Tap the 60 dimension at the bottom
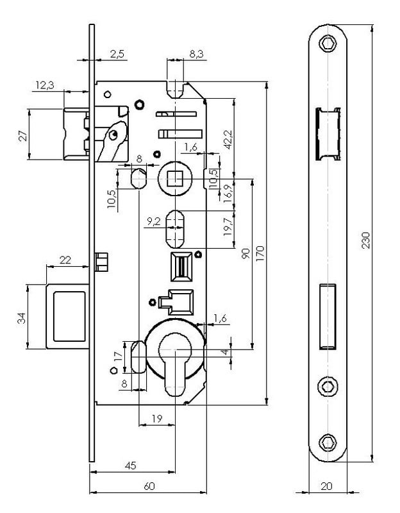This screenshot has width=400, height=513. coord(149,486)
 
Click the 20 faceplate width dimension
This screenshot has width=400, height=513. coord(326,486)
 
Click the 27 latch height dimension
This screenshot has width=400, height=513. coord(22,135)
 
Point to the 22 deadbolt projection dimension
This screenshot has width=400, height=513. coord(65,259)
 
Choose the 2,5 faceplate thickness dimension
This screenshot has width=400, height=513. coord(117,55)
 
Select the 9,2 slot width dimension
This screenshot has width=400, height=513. coord(154,222)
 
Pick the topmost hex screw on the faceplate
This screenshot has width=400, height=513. coord(328,43)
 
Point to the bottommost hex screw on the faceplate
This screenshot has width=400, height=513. coord(328,442)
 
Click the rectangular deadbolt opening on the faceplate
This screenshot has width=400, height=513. coord(328,315)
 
